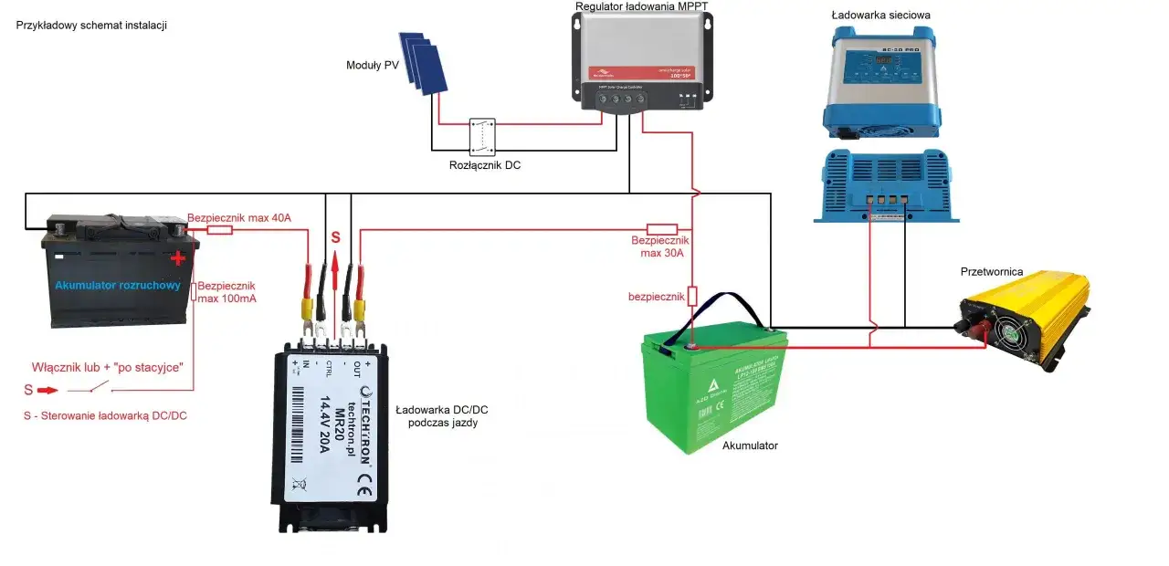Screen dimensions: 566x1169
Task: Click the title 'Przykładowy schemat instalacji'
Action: [x=91, y=26]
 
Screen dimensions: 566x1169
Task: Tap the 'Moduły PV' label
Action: [x=371, y=65]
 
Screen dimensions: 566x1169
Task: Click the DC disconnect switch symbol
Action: [x=482, y=135]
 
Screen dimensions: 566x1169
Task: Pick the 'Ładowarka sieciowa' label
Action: [x=880, y=16]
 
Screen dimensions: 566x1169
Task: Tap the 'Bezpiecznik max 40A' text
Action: [x=238, y=218]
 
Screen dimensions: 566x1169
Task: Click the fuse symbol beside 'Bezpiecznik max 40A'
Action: [x=219, y=230]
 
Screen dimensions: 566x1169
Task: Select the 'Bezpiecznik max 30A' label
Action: [x=658, y=246]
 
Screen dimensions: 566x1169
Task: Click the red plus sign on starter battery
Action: [x=177, y=258]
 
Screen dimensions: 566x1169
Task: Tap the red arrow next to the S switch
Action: [x=47, y=390]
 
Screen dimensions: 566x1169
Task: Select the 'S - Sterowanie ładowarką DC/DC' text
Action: [x=105, y=415]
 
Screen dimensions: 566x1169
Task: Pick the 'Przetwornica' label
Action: [x=992, y=271]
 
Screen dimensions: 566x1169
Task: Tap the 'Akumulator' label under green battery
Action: [x=750, y=445]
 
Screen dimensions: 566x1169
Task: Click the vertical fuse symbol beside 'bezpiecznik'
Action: [x=692, y=296]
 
